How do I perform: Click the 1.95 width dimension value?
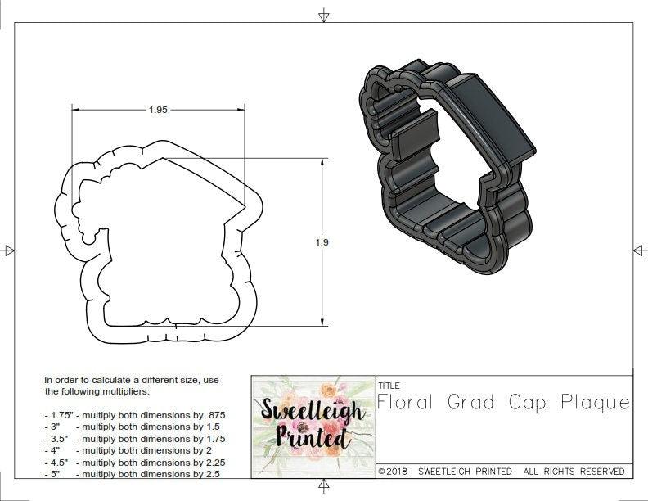point(158,109)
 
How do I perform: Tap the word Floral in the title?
point(407,403)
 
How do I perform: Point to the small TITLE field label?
point(389,385)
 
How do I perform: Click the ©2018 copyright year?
point(393,472)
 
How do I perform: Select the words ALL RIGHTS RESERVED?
point(574,472)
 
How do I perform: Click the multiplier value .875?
point(213,415)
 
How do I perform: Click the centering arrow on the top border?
point(324,16)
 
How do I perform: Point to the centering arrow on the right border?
point(639,250)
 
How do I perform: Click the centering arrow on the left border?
point(8,250)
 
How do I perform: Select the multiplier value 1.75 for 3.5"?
point(213,439)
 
